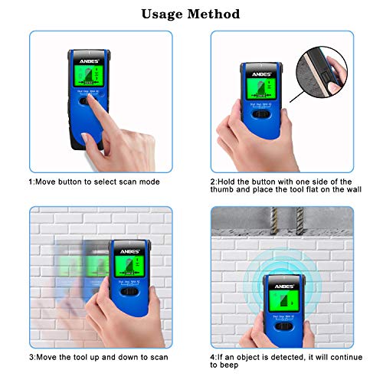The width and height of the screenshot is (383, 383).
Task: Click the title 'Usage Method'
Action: (191, 14)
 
